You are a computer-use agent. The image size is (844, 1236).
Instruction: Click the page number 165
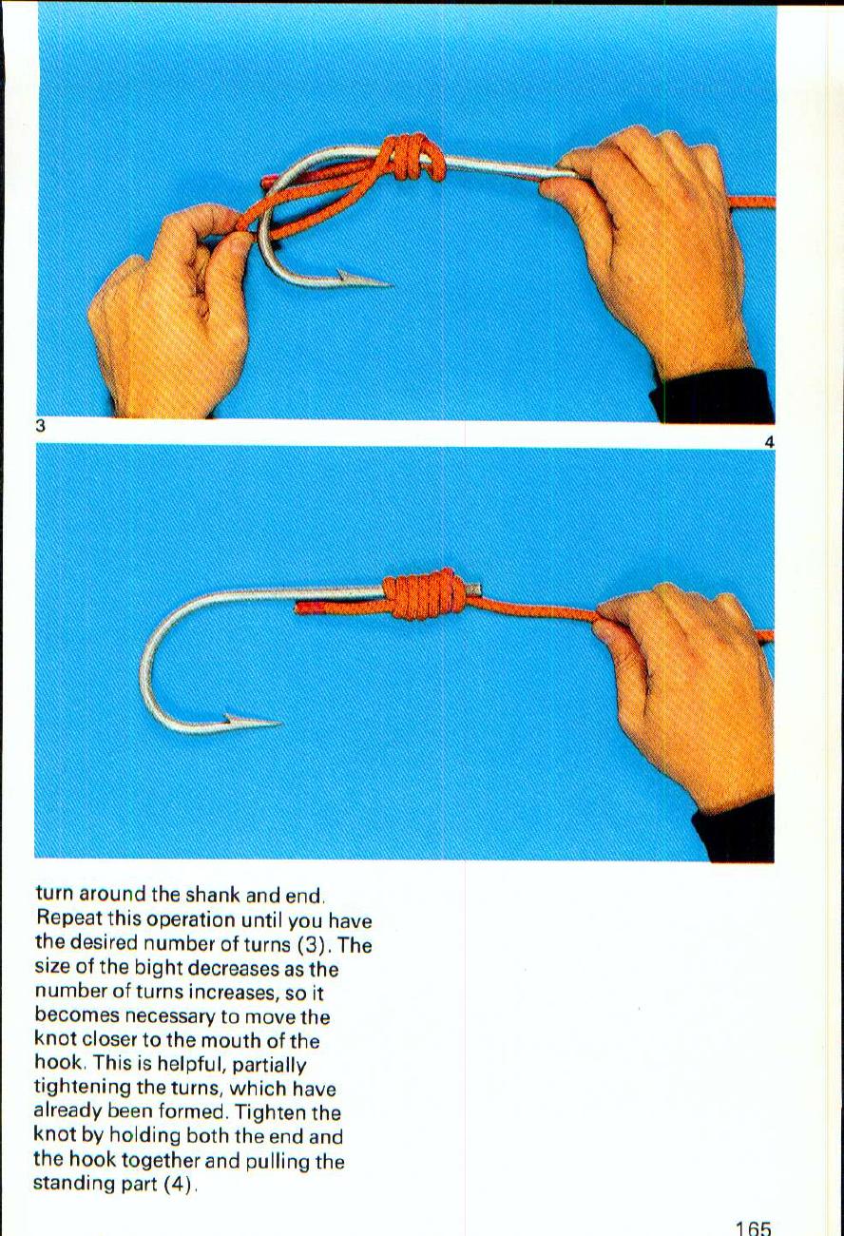752,1227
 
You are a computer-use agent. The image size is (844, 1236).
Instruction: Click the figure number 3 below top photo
41,427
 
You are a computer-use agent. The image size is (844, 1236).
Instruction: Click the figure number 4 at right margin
769,442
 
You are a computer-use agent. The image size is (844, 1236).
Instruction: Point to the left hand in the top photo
171,314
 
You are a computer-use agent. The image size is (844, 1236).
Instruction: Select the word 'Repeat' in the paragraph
68,919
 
